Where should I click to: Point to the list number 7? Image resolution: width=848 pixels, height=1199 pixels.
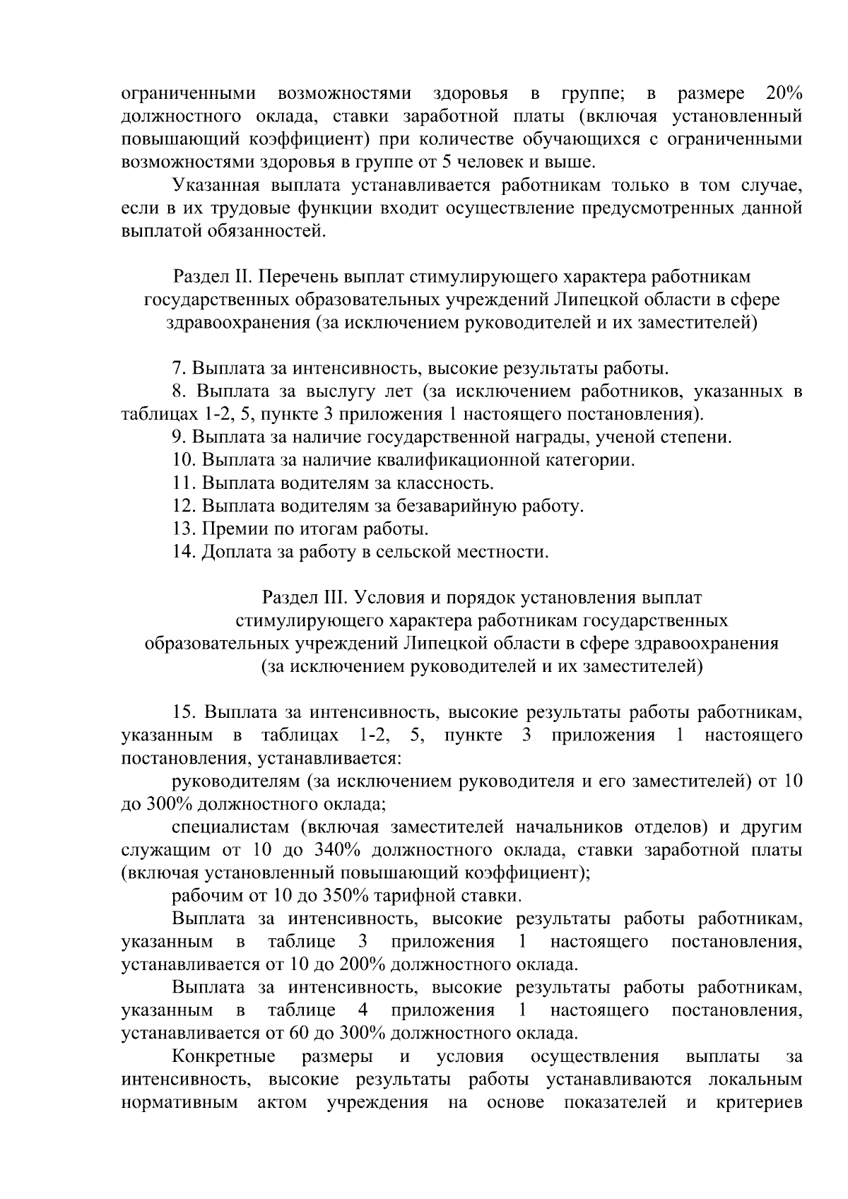[179, 368]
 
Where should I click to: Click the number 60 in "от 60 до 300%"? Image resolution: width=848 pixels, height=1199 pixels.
[298, 1033]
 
